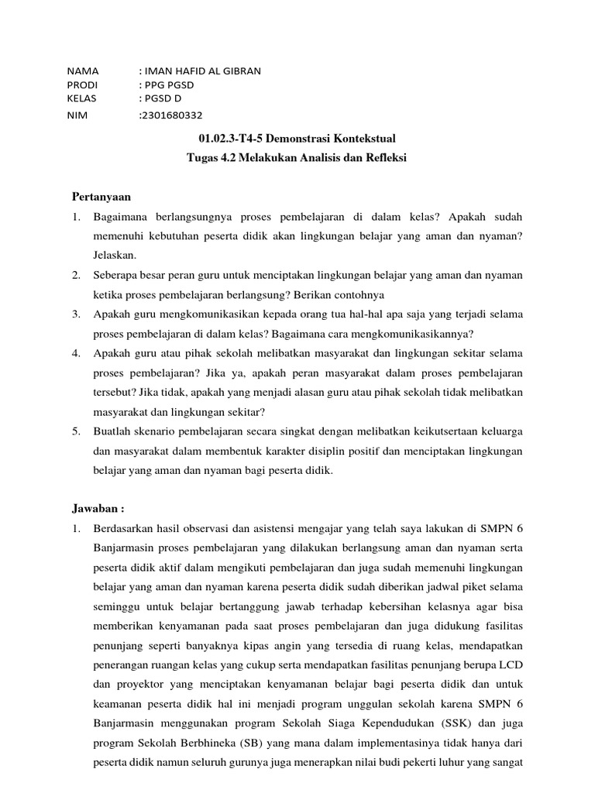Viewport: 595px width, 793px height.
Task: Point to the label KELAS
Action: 81,99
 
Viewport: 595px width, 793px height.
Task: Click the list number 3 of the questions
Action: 77,314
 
